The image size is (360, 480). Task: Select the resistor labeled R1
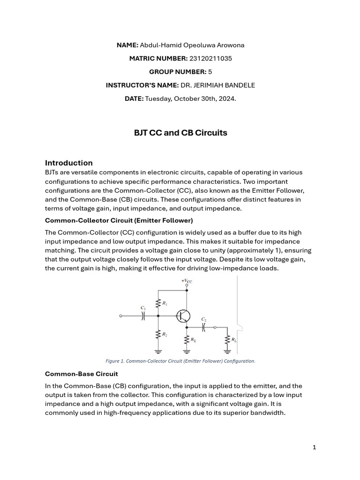pyautogui.click(x=159, y=303)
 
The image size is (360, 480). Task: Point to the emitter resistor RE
pyautogui.click(x=187, y=339)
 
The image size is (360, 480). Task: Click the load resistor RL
pyautogui.click(x=228, y=339)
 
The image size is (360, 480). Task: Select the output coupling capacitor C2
pyautogui.click(x=203, y=327)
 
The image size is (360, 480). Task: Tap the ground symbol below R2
pyautogui.click(x=159, y=350)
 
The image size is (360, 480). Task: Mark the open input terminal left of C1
pyautogui.click(x=121, y=316)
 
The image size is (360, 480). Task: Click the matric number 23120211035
pyautogui.click(x=210, y=59)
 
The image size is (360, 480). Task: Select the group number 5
pyautogui.click(x=210, y=72)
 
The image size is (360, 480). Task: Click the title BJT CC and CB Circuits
pyautogui.click(x=180, y=133)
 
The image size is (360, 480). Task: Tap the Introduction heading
pyautogui.click(x=69, y=163)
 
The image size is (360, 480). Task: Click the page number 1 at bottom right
pyautogui.click(x=315, y=447)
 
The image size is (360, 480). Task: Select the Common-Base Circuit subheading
pyautogui.click(x=82, y=374)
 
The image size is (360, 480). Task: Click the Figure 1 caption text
pyautogui.click(x=180, y=361)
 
